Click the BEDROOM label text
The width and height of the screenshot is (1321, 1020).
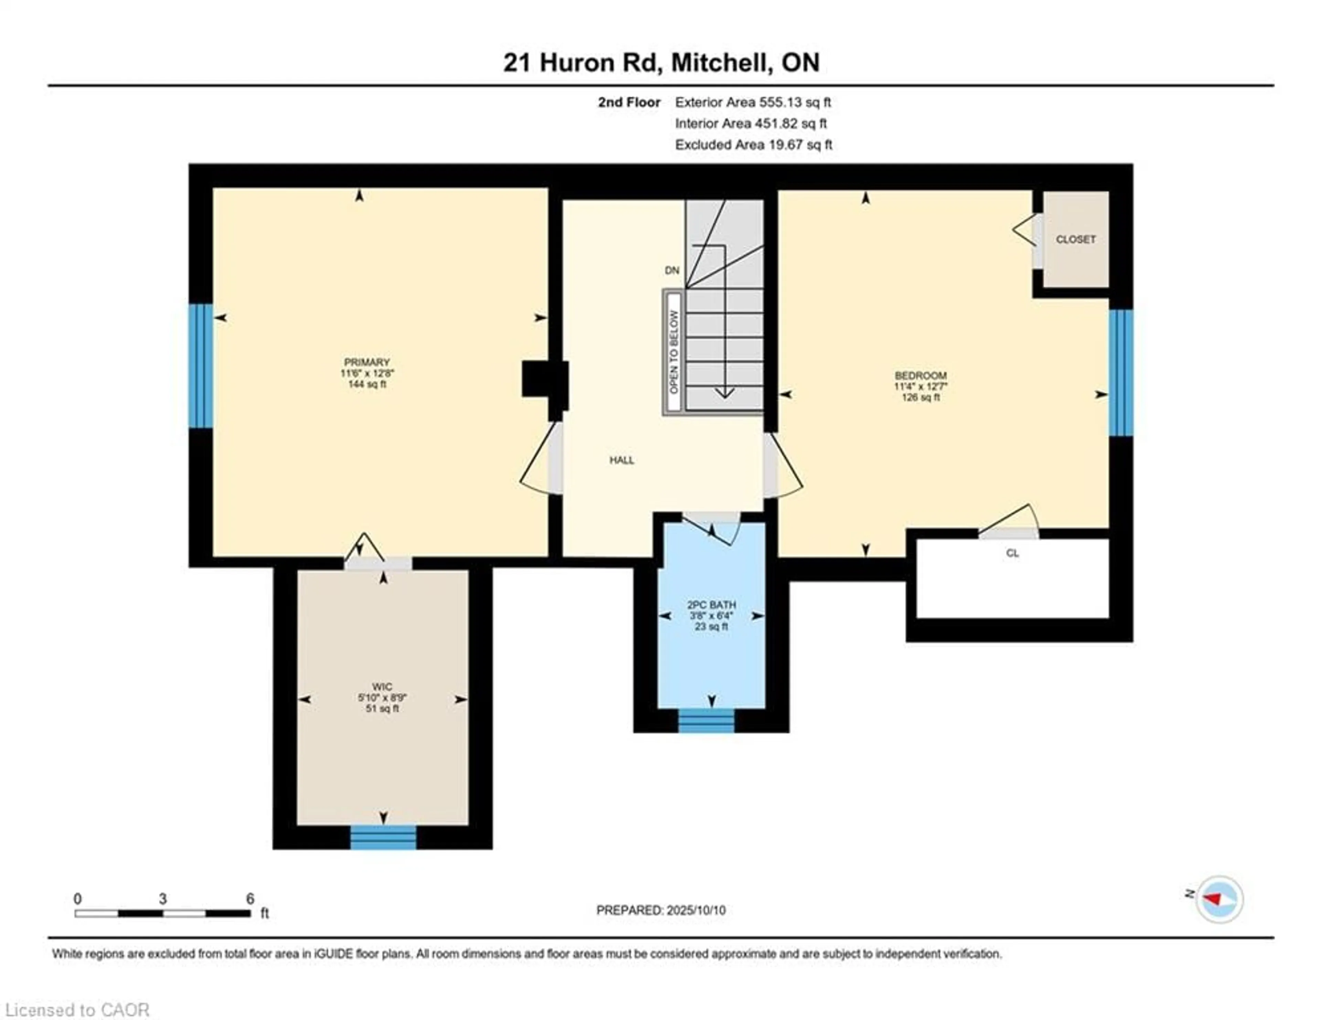pos(920,376)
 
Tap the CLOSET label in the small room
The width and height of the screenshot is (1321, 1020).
pos(1075,240)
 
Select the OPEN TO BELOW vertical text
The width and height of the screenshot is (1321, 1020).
pos(674,352)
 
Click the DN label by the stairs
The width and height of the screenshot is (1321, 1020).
pos(672,270)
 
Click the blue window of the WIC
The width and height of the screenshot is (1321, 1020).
pos(383,837)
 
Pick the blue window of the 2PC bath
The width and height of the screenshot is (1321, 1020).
pos(706,721)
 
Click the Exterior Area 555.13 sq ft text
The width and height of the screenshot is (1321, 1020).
pos(752,102)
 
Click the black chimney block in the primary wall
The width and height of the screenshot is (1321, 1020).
pos(544,379)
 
